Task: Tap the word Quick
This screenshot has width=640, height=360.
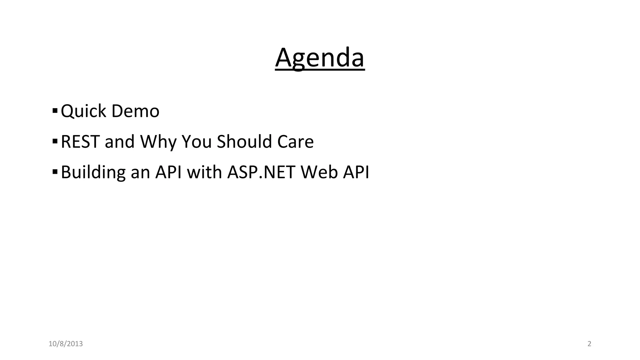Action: (83, 111)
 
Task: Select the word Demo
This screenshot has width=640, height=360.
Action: (135, 111)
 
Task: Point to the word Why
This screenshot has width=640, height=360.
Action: (158, 142)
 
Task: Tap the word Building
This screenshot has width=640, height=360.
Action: (93, 172)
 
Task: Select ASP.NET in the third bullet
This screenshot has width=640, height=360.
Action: (261, 172)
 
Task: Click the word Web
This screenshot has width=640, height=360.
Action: (319, 172)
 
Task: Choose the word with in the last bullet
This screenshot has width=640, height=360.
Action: (204, 172)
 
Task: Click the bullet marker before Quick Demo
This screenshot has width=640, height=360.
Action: (55, 111)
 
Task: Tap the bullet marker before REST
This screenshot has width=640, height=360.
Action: (55, 141)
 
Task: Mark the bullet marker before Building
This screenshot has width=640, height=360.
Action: (55, 172)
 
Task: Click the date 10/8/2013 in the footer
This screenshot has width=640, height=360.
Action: (66, 344)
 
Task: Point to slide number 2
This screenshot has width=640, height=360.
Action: (589, 344)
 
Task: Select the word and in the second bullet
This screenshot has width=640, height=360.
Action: (119, 142)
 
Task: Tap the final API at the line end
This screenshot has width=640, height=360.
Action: (356, 172)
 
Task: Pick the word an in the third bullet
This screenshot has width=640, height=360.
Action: (140, 172)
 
